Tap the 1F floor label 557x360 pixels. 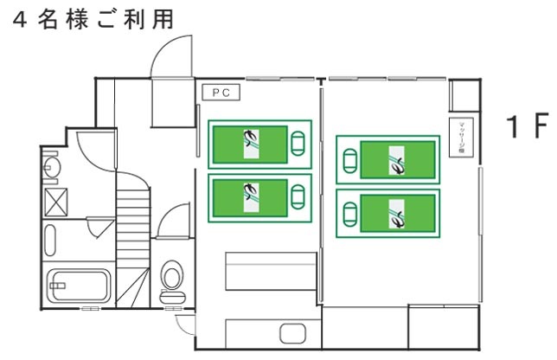(528, 127)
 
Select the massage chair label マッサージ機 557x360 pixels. (461, 138)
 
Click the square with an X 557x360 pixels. (56, 204)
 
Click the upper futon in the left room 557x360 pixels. (259, 143)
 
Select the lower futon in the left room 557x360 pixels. (259, 198)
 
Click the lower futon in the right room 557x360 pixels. (387, 213)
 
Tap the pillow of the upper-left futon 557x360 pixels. (299, 142)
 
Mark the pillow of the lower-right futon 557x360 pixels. (349, 212)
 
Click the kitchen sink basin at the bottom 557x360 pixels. (289, 333)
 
